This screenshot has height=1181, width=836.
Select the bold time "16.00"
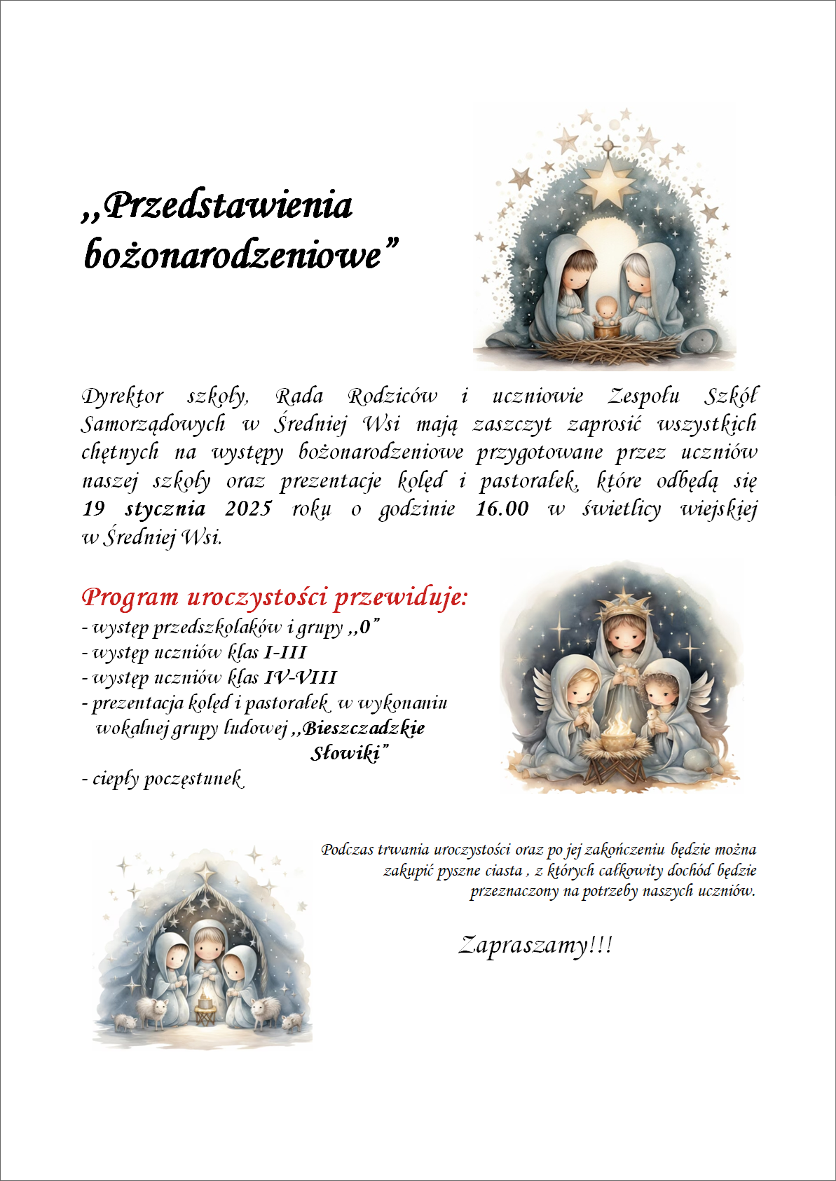(502, 509)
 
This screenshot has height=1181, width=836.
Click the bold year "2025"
(248, 509)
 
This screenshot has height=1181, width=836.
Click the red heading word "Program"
(130, 598)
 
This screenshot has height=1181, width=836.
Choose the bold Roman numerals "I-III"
(285, 653)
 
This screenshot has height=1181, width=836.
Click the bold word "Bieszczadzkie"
(363, 728)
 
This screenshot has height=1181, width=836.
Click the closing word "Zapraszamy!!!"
(535, 946)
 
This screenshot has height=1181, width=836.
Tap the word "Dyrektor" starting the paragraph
(123, 396)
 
